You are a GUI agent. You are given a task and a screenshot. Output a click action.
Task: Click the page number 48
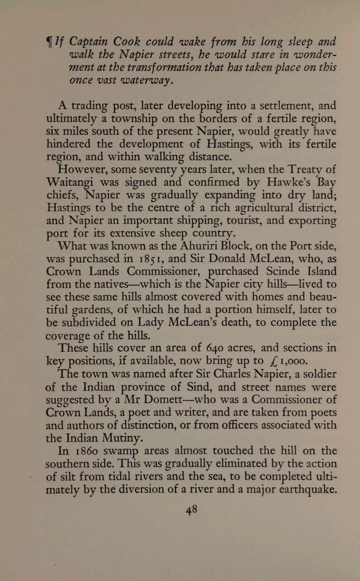(x=191, y=510)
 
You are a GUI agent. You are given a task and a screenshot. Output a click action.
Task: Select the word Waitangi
(x=69, y=182)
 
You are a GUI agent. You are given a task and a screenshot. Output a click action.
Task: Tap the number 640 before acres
(x=214, y=348)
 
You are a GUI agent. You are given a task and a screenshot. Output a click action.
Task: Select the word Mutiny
(x=122, y=438)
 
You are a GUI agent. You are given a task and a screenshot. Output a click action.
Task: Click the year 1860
(x=87, y=451)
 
